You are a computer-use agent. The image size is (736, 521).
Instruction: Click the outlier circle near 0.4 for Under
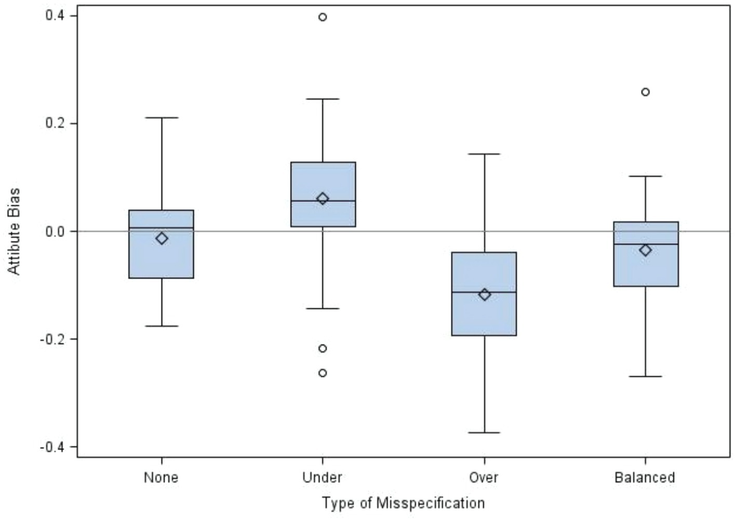[323, 17]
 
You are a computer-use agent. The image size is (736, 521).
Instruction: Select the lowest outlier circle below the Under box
[323, 373]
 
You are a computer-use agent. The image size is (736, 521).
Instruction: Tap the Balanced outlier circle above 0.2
[645, 92]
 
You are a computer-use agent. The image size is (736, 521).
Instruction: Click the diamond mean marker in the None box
[162, 238]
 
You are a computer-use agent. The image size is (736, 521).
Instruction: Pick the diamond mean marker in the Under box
[323, 199]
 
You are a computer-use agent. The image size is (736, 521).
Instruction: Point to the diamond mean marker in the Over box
[484, 295]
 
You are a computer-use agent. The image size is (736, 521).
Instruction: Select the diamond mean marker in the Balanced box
[645, 250]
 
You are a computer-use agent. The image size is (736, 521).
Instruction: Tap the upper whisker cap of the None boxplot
[162, 118]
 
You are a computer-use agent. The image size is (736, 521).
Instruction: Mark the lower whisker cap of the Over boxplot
[484, 432]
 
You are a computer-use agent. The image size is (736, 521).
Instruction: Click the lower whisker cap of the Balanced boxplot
[645, 376]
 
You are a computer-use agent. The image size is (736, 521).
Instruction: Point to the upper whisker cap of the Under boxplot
[323, 99]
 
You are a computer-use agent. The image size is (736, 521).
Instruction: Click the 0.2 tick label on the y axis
[55, 124]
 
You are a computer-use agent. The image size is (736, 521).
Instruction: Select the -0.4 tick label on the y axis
[52, 447]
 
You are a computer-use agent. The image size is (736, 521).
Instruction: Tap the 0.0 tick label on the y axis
[55, 231]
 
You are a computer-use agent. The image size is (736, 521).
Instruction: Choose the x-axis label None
[161, 477]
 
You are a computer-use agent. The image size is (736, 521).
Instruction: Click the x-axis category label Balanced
[645, 477]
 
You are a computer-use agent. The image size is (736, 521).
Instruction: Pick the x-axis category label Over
[484, 477]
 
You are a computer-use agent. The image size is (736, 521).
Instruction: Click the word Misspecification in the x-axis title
[431, 503]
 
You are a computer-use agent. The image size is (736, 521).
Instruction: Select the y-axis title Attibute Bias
[14, 231]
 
